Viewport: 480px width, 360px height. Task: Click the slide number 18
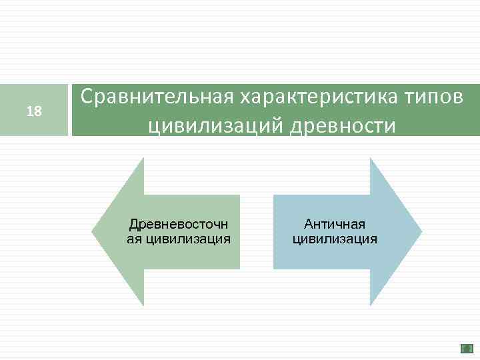34,111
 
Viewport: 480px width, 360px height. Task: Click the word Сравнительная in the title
154,98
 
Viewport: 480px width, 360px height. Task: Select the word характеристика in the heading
316,98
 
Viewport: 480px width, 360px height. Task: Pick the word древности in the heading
347,125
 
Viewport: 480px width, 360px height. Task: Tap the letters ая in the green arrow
134,239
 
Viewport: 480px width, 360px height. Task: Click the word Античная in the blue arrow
335,224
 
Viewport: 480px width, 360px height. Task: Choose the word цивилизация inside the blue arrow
335,239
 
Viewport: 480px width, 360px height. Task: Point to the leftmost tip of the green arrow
92,232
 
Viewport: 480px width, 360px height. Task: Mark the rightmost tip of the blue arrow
421,232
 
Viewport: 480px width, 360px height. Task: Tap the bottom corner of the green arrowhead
143,305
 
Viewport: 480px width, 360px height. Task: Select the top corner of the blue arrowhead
371,159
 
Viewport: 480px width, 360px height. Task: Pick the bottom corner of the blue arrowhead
371,305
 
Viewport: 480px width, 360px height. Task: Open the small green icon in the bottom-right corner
467,348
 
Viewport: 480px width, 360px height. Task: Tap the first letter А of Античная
308,224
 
